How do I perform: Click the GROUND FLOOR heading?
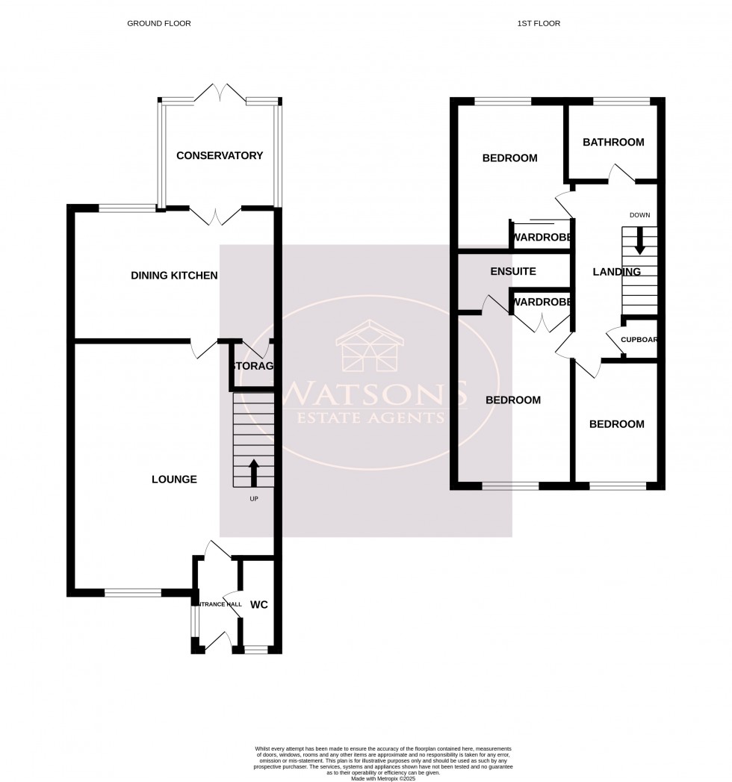158,23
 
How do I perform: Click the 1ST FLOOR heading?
538,23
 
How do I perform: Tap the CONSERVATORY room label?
220,155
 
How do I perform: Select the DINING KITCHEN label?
174,276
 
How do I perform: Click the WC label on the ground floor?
258,604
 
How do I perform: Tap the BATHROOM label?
613,142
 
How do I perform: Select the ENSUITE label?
513,271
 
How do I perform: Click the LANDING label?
616,272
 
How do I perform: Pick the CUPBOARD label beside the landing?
639,339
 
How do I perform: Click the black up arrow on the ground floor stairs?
253,472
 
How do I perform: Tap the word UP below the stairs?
253,498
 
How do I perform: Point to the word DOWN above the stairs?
639,215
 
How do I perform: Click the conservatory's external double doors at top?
219,93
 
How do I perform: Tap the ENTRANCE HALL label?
218,603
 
